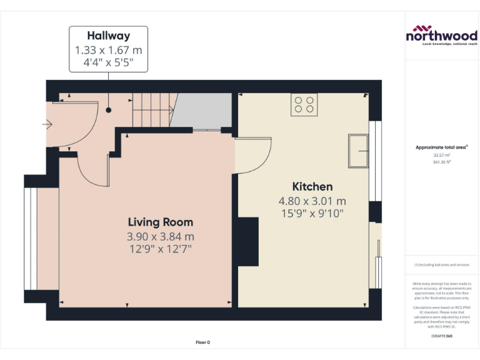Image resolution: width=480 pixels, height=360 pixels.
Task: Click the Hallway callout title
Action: tap(108, 36)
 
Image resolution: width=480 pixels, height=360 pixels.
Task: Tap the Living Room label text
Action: tap(160, 222)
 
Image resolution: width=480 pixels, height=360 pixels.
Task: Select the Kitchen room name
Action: tap(312, 186)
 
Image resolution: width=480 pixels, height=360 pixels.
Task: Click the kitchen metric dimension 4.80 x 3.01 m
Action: tap(312, 201)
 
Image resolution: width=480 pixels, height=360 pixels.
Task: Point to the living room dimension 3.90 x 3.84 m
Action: tap(160, 236)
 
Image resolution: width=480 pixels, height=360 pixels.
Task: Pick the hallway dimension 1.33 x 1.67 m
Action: tap(108, 49)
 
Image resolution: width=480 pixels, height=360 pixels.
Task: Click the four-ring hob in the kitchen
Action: tap(304, 104)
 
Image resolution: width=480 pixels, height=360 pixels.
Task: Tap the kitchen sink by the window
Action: tap(359, 151)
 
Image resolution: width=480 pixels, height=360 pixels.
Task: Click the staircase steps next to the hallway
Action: tap(154, 111)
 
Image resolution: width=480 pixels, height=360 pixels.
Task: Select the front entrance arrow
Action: tap(47, 124)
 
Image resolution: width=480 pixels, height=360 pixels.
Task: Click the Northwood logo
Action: tap(441, 35)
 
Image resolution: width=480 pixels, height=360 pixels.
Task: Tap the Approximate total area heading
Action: tap(441, 147)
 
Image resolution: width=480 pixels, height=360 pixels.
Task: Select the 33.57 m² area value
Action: tap(441, 155)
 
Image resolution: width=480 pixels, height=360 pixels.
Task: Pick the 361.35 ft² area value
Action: tap(441, 162)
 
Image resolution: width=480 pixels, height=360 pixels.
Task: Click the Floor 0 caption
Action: tap(202, 342)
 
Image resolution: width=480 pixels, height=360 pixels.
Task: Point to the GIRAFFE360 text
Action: tap(441, 337)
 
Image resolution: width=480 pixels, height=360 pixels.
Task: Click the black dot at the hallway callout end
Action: tap(108, 110)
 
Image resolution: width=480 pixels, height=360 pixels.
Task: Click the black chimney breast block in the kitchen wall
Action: tap(248, 241)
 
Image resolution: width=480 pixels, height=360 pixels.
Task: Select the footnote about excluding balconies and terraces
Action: tap(441, 265)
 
